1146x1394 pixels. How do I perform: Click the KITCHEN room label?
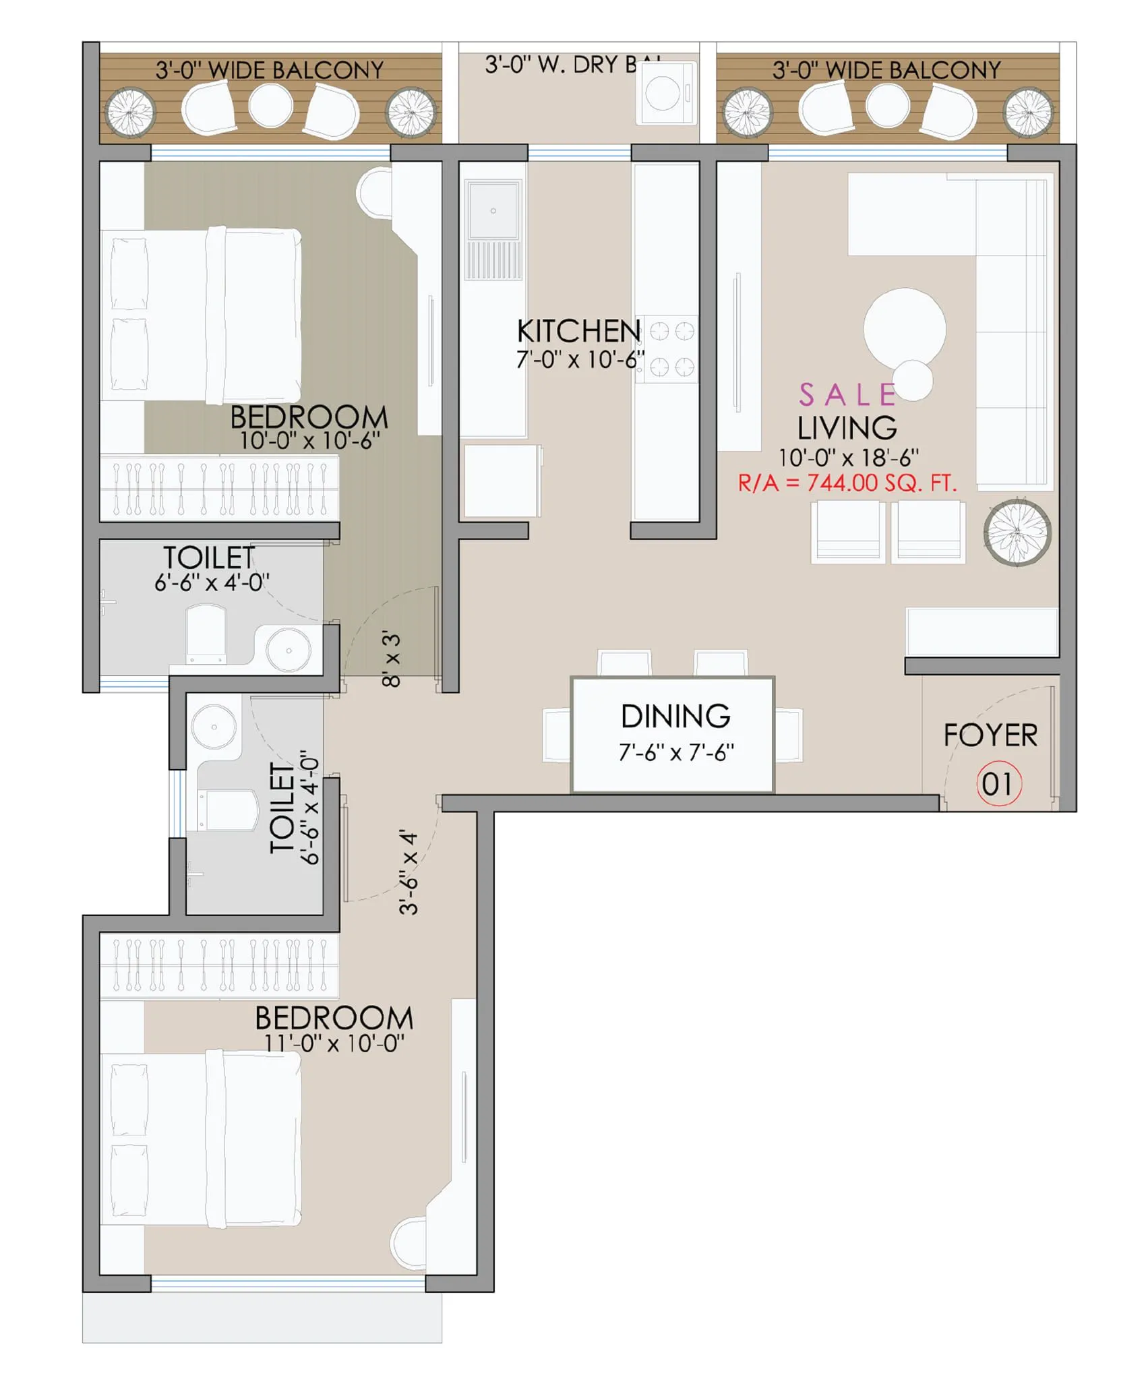tap(578, 332)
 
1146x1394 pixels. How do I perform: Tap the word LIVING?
tap(847, 429)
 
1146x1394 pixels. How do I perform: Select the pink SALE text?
tap(847, 396)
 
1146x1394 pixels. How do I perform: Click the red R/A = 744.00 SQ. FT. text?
tap(847, 483)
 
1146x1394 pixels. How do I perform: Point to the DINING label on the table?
tap(675, 717)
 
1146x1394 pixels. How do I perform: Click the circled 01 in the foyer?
tap(998, 784)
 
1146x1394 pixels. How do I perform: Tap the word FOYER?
tap(990, 735)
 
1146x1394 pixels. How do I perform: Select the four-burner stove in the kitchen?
tap(671, 349)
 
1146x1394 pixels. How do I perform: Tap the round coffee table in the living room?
tap(904, 329)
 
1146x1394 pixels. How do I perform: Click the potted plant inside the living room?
tap(1017, 532)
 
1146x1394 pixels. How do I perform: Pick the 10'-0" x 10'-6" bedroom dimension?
tap(310, 441)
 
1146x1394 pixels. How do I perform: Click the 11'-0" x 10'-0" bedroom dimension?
tap(334, 1043)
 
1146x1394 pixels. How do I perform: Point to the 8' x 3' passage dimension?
tap(392, 659)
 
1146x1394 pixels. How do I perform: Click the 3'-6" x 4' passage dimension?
tap(409, 872)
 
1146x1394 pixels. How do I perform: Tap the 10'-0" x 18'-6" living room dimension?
tap(848, 458)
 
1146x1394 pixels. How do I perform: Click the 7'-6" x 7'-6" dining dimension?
tap(676, 752)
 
